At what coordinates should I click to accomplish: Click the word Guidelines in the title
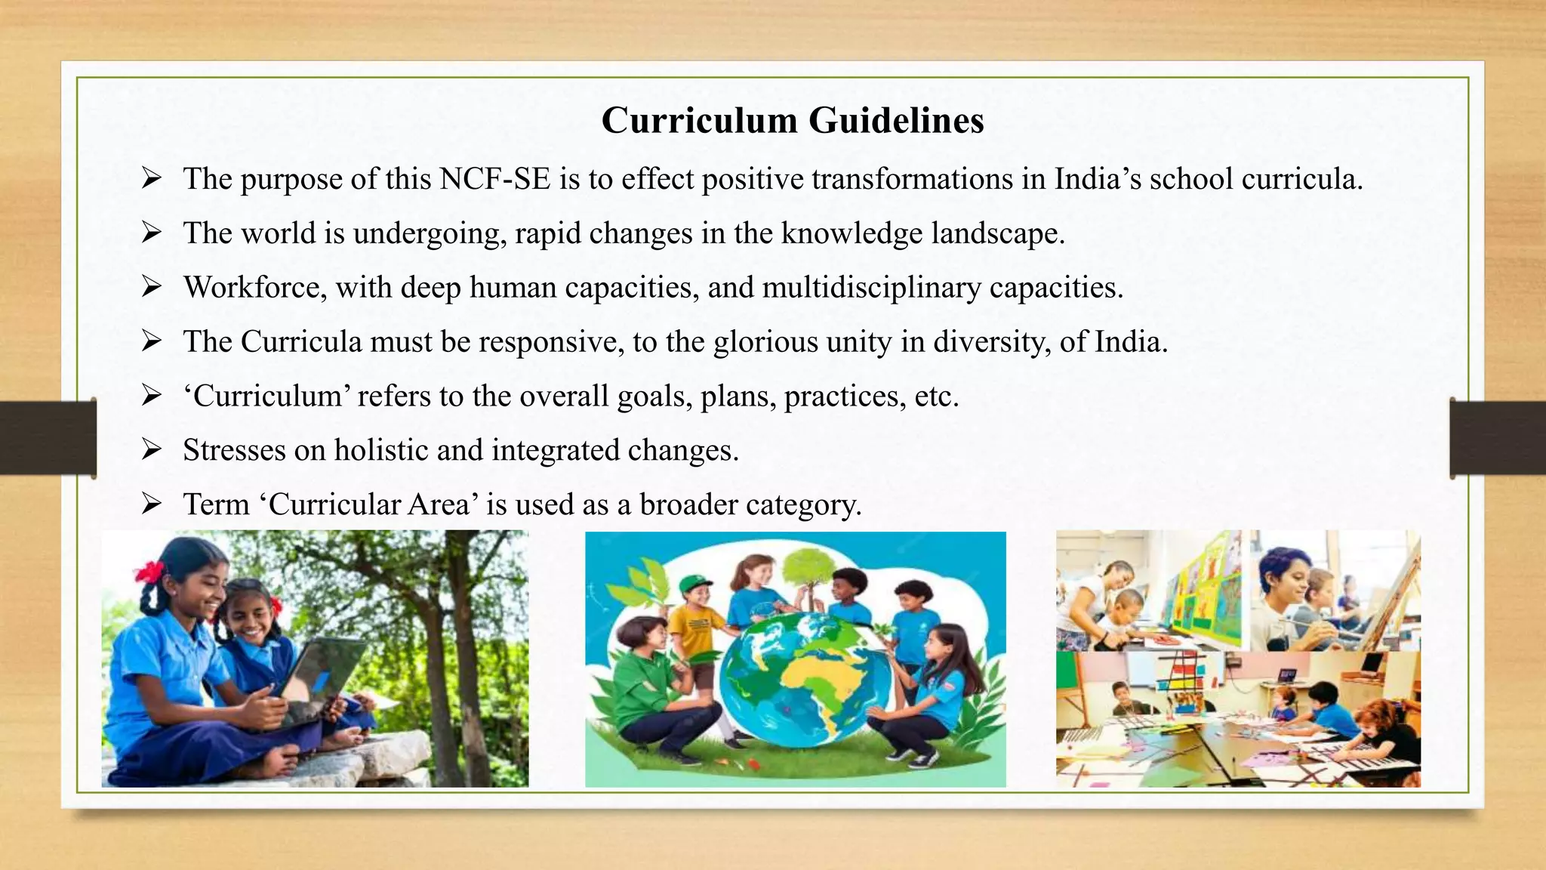(x=896, y=121)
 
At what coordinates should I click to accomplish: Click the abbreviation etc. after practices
(x=936, y=396)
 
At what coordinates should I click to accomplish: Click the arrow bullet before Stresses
(x=152, y=450)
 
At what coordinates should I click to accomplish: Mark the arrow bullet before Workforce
(x=152, y=287)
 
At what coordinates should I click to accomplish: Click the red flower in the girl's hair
(x=149, y=572)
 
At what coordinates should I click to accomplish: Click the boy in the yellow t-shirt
(x=694, y=627)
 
